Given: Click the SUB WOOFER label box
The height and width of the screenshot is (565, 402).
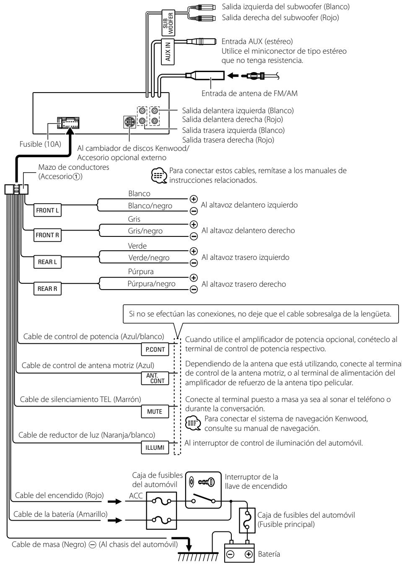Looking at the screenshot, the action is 168,23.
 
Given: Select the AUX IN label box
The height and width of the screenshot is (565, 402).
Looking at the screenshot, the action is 168,52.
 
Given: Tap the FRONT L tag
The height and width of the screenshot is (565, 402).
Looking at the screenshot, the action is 47,210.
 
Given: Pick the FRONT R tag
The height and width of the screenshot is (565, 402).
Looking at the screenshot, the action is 47,235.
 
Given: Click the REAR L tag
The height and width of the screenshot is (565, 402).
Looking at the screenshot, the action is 47,262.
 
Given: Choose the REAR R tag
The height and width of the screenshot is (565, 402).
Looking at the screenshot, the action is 47,288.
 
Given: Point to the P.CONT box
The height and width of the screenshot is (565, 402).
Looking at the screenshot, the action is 155,349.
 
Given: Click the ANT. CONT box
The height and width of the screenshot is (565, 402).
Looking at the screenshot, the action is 155,378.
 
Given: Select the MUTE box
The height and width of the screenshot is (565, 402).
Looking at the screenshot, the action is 155,412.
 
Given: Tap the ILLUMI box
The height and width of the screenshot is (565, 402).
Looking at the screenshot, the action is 155,448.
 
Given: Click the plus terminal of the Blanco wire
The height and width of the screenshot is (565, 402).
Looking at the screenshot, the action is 193,199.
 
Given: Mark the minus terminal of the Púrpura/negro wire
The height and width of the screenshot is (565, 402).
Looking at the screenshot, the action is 193,289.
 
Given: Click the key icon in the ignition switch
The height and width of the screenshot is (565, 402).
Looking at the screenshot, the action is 206,482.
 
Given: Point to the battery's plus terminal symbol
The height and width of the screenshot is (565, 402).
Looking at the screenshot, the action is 249,554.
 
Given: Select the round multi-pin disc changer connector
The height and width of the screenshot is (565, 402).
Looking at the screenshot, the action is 130,122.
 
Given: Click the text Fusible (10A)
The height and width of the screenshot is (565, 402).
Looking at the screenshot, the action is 40,144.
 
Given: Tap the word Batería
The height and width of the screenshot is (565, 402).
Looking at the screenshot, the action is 269,554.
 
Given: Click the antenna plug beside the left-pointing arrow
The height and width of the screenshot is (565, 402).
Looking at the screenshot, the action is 260,76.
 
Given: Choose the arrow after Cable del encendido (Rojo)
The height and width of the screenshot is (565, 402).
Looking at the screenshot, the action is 115,501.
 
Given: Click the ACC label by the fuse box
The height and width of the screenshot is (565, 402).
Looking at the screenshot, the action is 136,496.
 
